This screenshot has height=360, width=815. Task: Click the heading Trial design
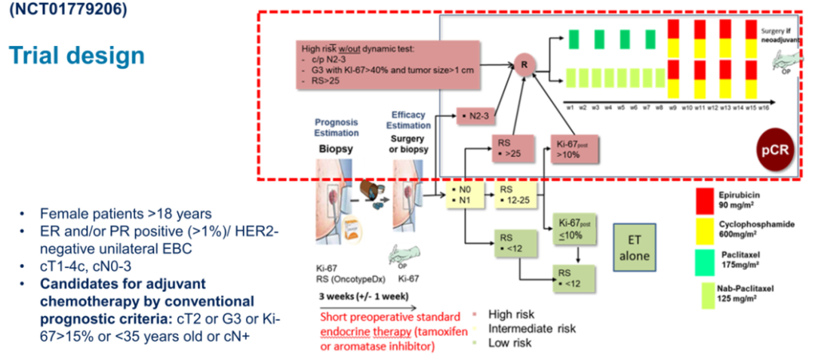[x=76, y=55]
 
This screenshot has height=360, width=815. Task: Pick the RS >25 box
[x=511, y=148]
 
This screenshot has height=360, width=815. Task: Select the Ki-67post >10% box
[x=572, y=149]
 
